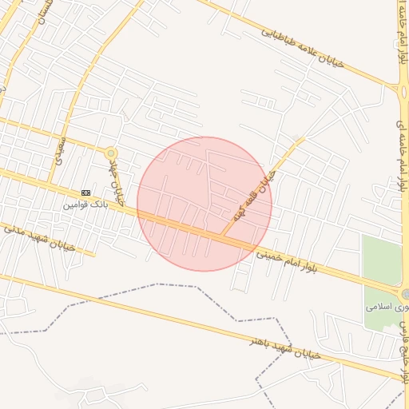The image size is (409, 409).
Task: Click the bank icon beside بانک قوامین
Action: [x=85, y=193]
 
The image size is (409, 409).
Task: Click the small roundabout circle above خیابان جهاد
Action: [x=111, y=153]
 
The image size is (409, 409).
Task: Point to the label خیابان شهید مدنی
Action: [x=38, y=237]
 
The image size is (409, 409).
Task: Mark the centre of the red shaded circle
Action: [x=204, y=204]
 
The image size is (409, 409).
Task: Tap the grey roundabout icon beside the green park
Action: [x=406, y=294]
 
